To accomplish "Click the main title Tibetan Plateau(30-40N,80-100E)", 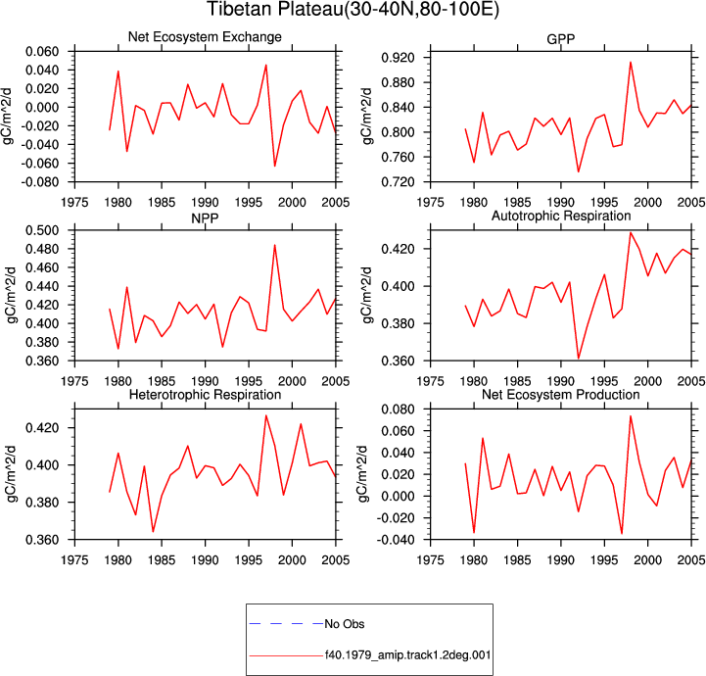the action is pos(353,10).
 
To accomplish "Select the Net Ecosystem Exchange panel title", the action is pos(205,36).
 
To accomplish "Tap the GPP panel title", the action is pos(560,39).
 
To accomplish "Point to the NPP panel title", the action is pos(205,218).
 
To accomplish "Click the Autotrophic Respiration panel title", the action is pos(561,216).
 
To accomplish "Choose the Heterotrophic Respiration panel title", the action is pos(205,395).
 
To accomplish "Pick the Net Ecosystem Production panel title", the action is pos(560,395).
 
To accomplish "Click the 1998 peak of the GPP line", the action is pos(631,62).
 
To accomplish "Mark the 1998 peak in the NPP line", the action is pos(274,245).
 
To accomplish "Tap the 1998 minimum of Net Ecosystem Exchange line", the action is pos(274,166).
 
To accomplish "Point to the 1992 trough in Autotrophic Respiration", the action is pos(579,358).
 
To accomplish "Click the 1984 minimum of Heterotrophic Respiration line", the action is pos(153,531).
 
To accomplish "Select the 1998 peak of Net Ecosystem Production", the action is pos(631,416).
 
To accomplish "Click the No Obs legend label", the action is pos(345,624).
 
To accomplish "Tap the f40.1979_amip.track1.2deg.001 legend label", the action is pos(408,654).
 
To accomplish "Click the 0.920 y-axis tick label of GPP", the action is pos(398,58).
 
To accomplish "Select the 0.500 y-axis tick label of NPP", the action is pos(42,230).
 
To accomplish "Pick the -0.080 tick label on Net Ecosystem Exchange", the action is pos(40,182).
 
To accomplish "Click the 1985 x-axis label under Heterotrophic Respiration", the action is pos(162,559).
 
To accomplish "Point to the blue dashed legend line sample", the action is pos(286,624).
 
